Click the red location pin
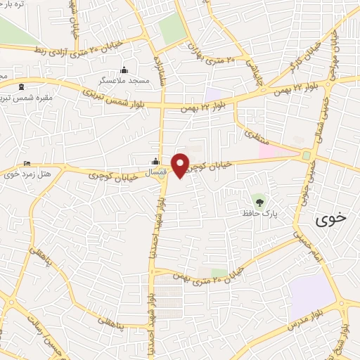point(181,165)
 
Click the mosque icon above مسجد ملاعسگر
point(124,70)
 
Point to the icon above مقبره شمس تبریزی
point(20,87)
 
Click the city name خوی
point(331,218)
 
